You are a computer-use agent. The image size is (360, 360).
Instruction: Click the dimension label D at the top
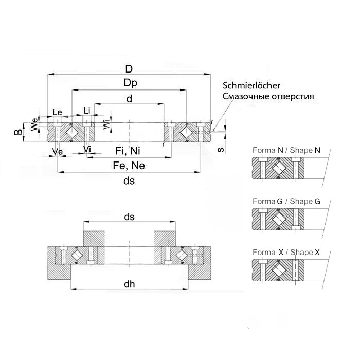click(129, 69)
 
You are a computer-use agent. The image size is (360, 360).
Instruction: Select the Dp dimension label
click(129, 83)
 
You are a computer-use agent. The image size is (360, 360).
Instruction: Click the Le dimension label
click(58, 112)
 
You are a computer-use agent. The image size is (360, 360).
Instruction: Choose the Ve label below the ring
click(58, 151)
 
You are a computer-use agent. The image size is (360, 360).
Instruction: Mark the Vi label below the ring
click(87, 149)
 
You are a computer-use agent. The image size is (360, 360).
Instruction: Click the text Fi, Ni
click(127, 151)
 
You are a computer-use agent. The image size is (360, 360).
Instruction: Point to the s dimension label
click(220, 149)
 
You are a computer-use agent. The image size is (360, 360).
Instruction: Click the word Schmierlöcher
click(251, 86)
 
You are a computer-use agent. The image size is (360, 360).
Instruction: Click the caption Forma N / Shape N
click(286, 150)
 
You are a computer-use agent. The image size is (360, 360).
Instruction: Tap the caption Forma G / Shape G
click(286, 201)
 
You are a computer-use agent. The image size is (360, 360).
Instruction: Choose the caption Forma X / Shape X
click(286, 253)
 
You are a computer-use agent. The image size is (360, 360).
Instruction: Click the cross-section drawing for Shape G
click(278, 220)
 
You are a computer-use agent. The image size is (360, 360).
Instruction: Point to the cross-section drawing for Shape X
click(278, 271)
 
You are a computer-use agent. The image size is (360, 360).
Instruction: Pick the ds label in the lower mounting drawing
click(130, 218)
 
